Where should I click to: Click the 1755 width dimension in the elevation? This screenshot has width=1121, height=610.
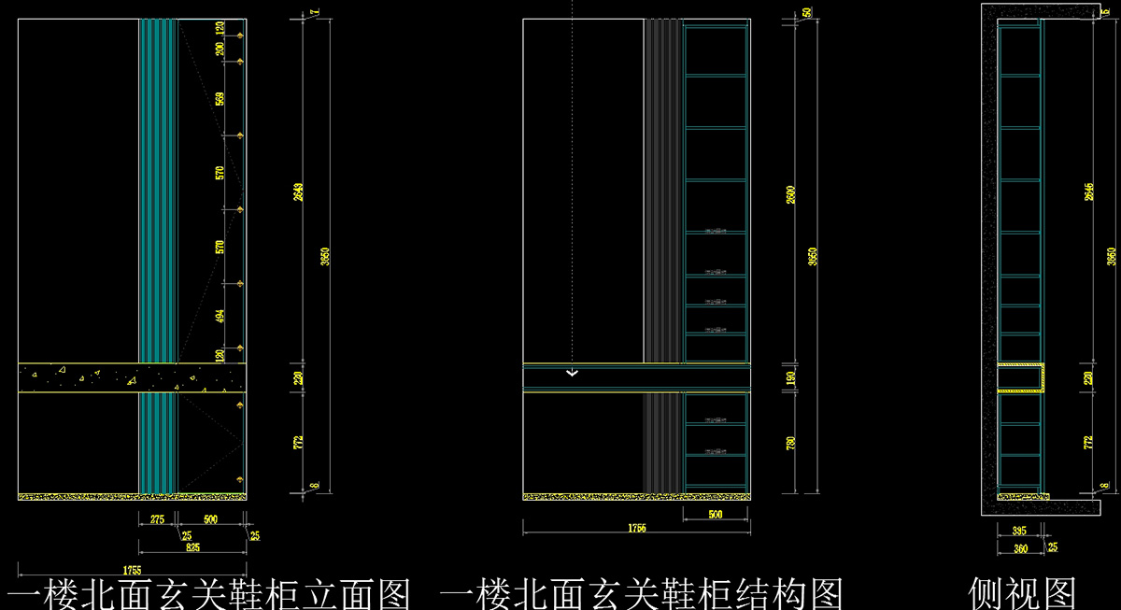tap(132, 568)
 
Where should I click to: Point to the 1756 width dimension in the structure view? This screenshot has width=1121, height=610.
tap(632, 529)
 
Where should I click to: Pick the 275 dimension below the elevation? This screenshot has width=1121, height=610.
tap(157, 518)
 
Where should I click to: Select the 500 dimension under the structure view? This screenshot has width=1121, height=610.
tap(716, 514)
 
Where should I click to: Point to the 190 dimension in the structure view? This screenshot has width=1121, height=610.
tap(792, 377)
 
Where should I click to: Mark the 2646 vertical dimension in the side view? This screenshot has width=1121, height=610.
tap(1088, 191)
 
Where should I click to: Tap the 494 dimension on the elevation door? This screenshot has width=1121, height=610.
tap(220, 317)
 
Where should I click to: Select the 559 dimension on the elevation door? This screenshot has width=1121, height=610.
tap(220, 98)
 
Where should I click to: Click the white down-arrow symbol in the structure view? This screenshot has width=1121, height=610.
tap(573, 374)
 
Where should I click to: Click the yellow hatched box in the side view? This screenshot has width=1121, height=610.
tap(1020, 377)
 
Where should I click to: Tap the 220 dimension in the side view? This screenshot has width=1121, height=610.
tap(1088, 377)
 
